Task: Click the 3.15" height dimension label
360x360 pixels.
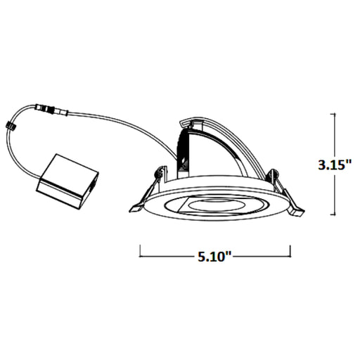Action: (x=333, y=165)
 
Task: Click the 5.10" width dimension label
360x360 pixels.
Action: (x=215, y=257)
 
